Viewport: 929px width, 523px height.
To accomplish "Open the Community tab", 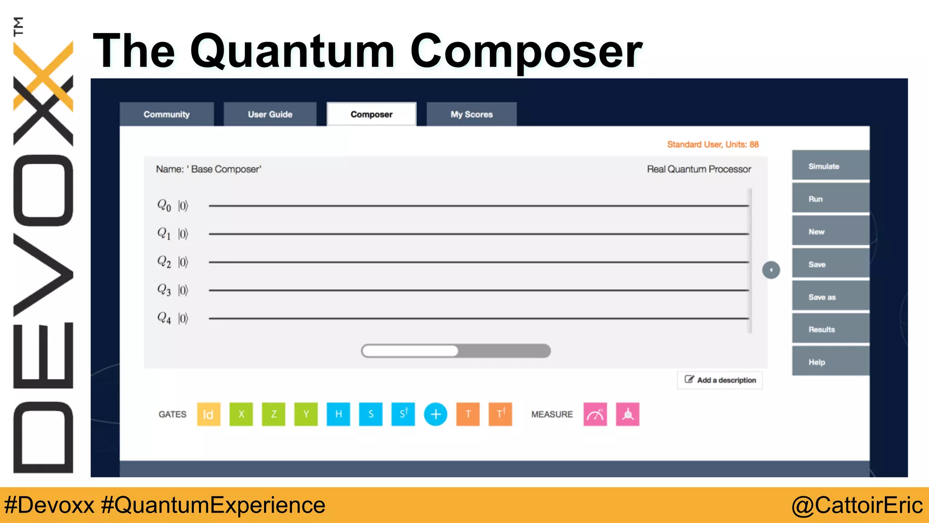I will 166,114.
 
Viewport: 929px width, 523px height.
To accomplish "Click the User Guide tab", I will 270,114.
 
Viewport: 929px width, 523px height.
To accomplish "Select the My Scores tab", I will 471,114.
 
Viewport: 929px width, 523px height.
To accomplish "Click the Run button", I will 830,199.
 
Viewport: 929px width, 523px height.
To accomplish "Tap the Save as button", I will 830,297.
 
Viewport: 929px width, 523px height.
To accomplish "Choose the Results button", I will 830,330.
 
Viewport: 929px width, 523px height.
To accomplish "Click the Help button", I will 830,362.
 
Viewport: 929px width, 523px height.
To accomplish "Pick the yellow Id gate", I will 209,414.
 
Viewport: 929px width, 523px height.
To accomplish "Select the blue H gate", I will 338,414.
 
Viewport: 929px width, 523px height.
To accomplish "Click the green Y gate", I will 306,414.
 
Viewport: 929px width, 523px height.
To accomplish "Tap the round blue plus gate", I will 435,414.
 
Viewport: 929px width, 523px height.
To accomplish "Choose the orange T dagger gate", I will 500,414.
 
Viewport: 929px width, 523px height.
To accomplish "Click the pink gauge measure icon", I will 595,414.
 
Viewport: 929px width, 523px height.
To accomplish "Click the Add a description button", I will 720,380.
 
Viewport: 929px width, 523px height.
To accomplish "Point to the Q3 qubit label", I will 164,290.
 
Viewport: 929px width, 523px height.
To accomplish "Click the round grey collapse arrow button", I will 771,270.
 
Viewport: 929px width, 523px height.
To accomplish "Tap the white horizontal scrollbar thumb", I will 411,351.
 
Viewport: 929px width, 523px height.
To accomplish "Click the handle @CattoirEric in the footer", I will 857,505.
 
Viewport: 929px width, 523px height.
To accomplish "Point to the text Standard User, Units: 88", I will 713,144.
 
